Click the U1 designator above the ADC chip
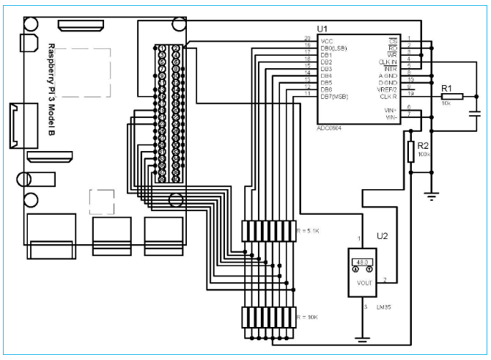323,27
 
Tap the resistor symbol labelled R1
452,95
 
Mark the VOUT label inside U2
363,282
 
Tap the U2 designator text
383,237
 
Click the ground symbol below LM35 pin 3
361,339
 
